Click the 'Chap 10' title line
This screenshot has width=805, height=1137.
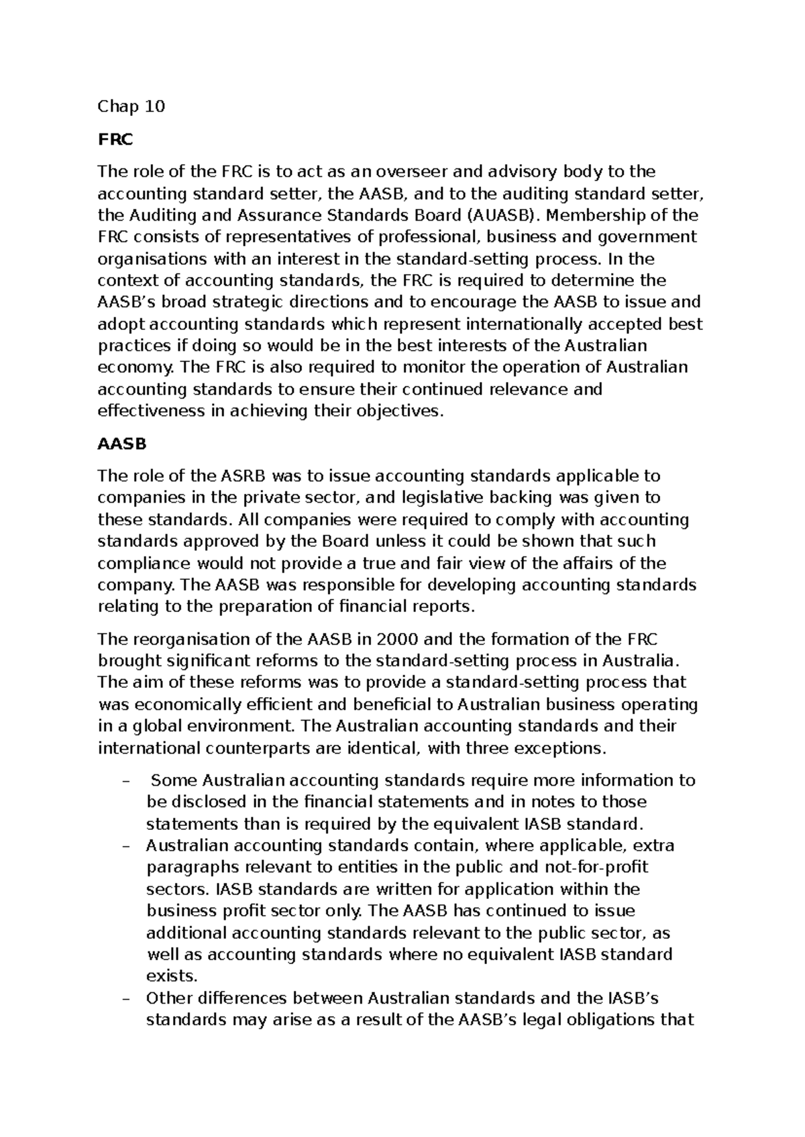pyautogui.click(x=131, y=107)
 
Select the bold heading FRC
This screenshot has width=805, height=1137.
pyautogui.click(x=115, y=139)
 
